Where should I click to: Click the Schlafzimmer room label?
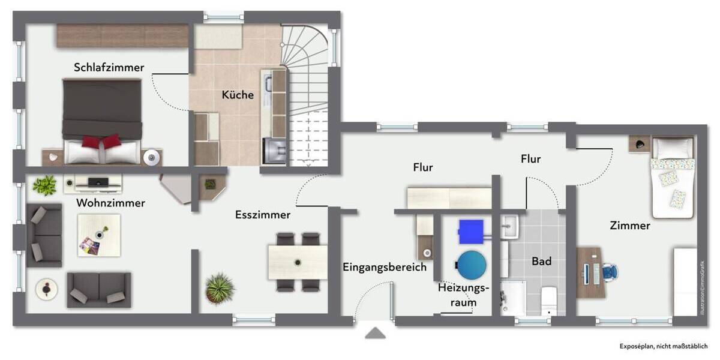(x=109, y=67)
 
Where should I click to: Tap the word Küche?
(x=238, y=95)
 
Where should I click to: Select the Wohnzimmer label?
(x=110, y=203)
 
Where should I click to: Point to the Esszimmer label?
(x=263, y=215)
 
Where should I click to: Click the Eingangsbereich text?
(x=385, y=267)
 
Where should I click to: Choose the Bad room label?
(x=541, y=262)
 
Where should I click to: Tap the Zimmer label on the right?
(x=629, y=226)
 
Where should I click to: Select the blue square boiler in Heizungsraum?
(x=471, y=231)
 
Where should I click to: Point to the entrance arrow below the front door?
(x=376, y=332)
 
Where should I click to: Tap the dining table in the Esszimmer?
(x=298, y=262)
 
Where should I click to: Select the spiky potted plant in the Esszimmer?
(x=220, y=288)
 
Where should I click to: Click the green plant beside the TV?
(x=44, y=185)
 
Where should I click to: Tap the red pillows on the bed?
(x=101, y=142)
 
